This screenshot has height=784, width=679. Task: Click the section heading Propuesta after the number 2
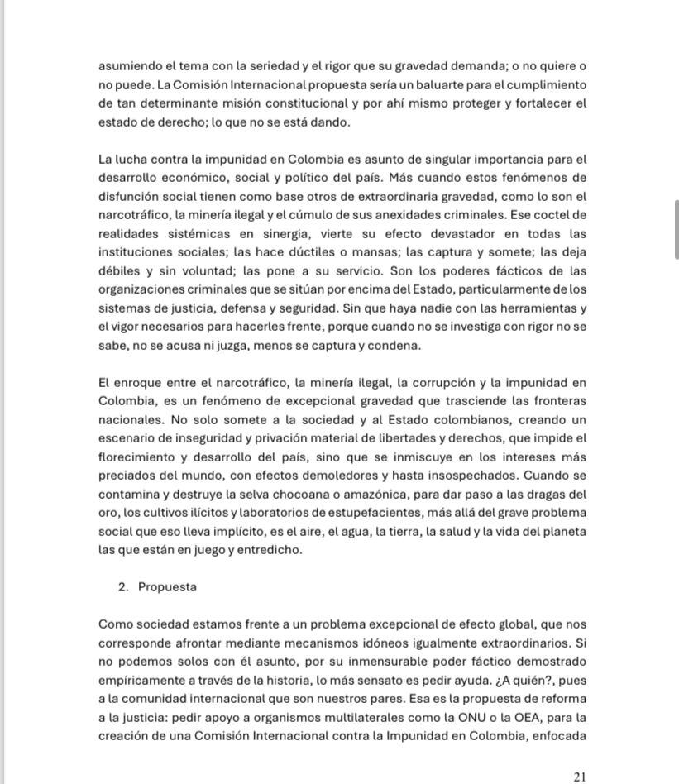point(167,587)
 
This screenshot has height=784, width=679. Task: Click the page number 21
point(579,777)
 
